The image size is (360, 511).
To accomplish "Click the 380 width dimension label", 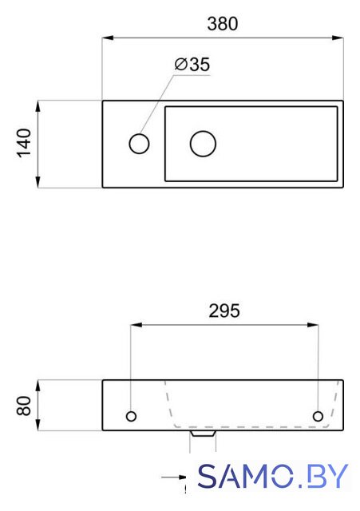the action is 223,24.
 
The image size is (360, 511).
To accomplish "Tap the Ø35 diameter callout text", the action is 192,64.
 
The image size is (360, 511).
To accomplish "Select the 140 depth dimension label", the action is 24,144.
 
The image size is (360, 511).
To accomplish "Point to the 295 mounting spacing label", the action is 224,311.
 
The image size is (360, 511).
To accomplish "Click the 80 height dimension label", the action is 24,406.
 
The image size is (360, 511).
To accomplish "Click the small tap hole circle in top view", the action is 139,144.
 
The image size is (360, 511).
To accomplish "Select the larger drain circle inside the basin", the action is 203,144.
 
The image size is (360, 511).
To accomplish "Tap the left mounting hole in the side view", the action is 131,416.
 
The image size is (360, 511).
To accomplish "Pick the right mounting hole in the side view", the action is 318,416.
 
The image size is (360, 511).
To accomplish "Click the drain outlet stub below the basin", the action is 203,434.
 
